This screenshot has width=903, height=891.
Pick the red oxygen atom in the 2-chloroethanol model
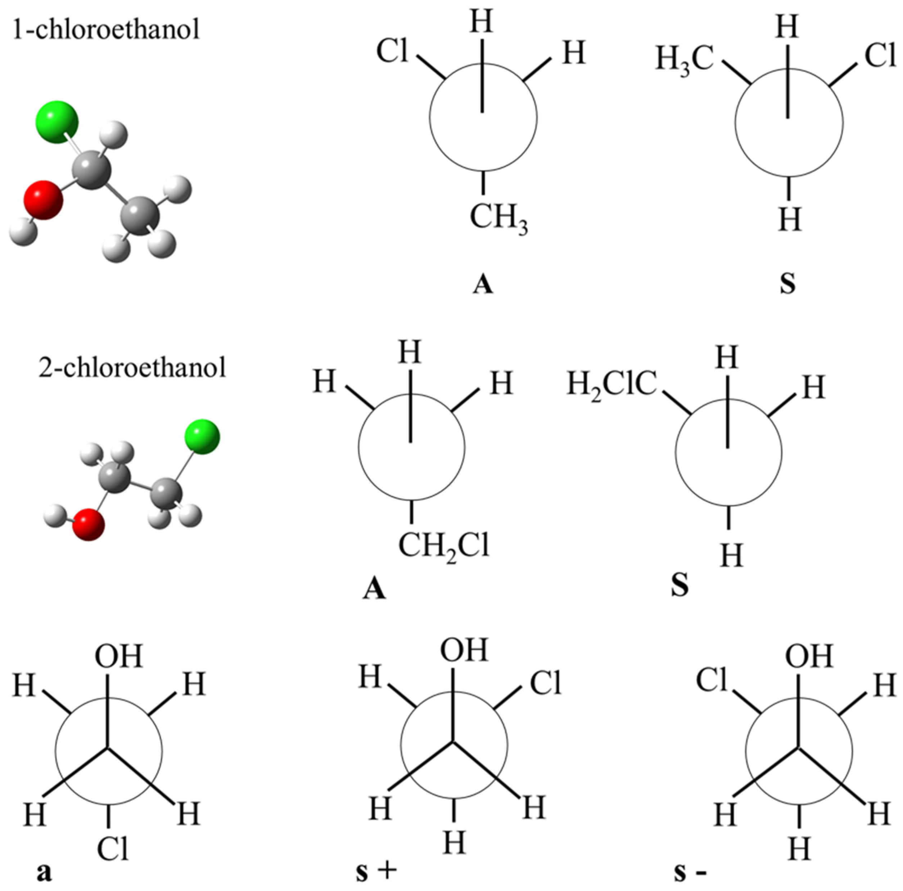88,525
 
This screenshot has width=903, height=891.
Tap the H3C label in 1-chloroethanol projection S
685,61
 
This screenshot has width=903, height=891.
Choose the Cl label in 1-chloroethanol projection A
393,51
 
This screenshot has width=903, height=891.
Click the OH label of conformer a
118,656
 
